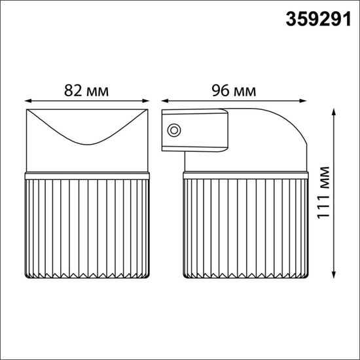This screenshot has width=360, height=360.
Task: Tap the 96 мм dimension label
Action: pyautogui.click(x=234, y=91)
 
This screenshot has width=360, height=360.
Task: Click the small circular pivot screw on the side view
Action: pyautogui.click(x=174, y=130)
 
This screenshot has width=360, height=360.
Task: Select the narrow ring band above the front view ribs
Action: pyautogui.click(x=88, y=175)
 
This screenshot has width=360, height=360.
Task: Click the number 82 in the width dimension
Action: pyautogui.click(x=74, y=91)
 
